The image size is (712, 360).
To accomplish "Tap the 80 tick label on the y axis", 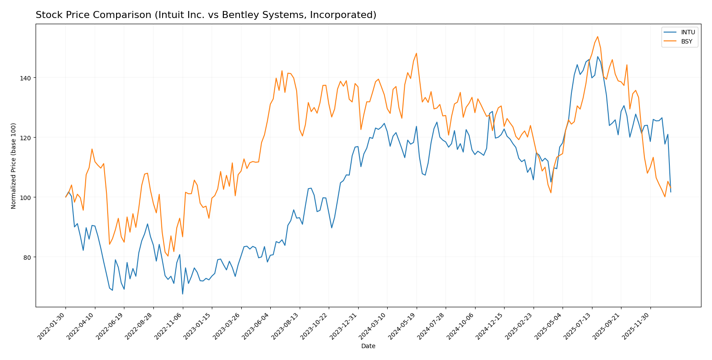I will (27, 257).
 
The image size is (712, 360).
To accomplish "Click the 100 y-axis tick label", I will (25, 197).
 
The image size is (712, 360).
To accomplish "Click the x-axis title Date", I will (368, 346).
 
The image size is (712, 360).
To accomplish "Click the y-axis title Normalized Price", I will (14, 166).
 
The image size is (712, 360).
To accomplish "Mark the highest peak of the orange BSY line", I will (597, 36).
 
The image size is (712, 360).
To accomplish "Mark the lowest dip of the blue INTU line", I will (182, 294).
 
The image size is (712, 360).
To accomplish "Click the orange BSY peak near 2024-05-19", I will (416, 53).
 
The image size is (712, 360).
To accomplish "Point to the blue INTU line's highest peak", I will (597, 56).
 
